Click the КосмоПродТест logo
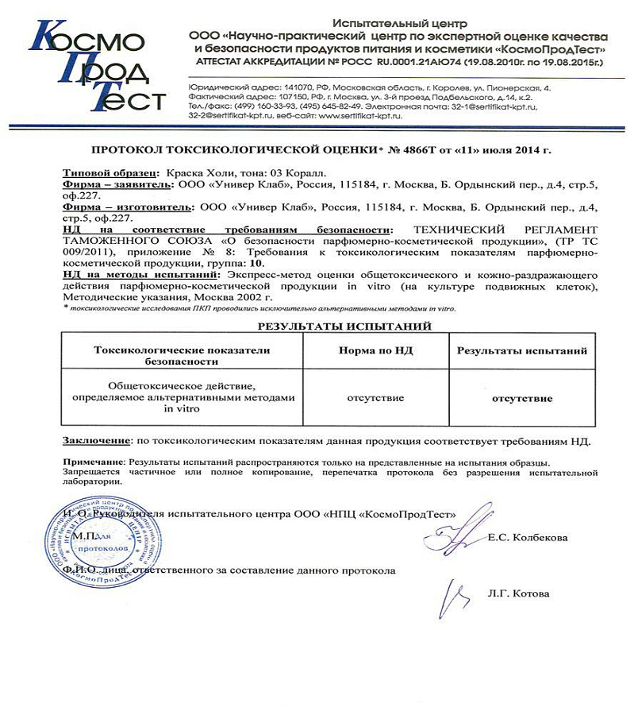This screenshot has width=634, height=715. tap(95, 67)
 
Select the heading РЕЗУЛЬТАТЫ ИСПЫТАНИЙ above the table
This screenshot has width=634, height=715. tap(345, 326)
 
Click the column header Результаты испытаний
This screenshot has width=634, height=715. tap(521, 350)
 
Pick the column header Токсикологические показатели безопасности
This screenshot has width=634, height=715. tap(182, 355)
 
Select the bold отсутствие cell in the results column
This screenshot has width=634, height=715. tap(521, 397)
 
